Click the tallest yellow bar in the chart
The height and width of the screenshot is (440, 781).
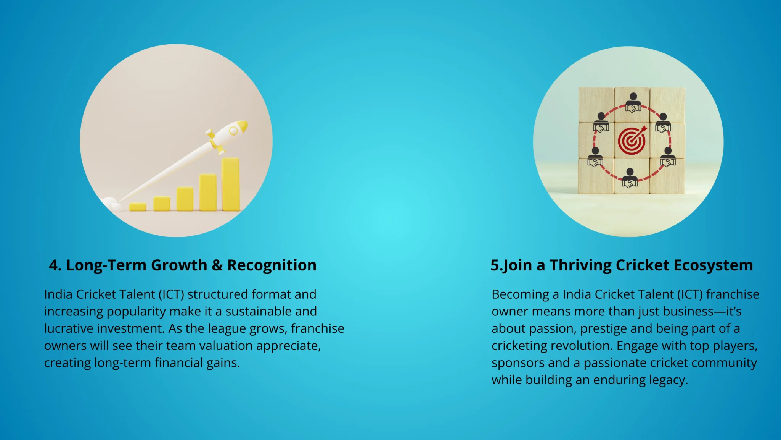[231, 184]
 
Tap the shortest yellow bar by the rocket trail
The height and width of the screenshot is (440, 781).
[138, 207]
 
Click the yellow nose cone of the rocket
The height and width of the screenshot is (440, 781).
[242, 126]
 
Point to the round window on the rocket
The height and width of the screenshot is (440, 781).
[233, 131]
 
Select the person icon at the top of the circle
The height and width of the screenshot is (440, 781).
[633, 102]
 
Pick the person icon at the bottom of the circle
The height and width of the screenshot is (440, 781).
[630, 178]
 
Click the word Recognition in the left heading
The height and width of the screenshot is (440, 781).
[272, 265]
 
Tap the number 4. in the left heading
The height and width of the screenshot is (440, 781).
[55, 265]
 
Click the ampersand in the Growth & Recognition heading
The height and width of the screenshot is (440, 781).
[217, 265]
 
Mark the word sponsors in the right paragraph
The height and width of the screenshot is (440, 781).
[518, 363]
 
